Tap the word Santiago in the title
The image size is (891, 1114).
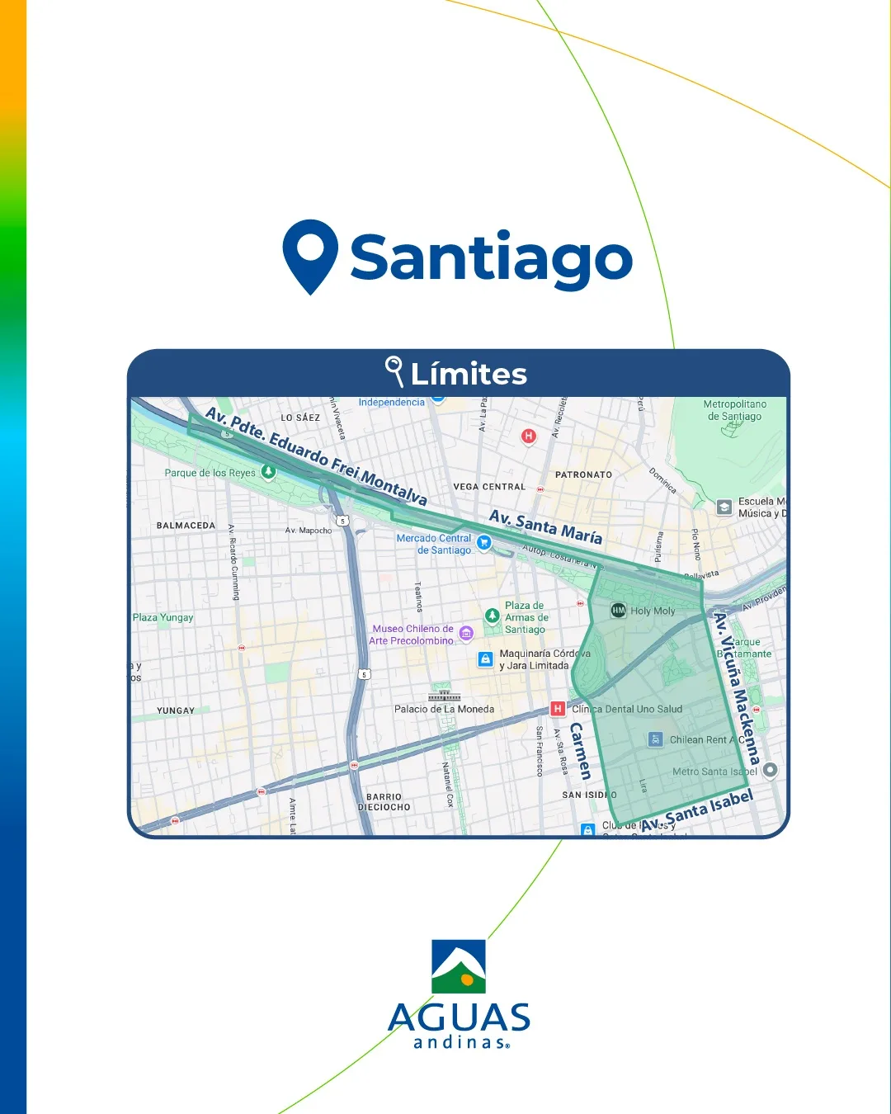tap(492, 257)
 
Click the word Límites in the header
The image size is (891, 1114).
tap(469, 375)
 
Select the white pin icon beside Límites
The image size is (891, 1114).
tap(394, 371)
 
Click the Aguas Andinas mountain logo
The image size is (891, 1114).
tap(459, 966)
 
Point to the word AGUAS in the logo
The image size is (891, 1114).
tap(459, 1018)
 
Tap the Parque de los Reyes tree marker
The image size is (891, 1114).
tap(268, 472)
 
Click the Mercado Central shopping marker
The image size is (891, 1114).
tap(484, 542)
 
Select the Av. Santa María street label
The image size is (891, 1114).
tap(545, 526)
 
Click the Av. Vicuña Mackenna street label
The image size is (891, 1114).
tap(736, 688)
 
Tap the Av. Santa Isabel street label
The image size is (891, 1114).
tap(697, 811)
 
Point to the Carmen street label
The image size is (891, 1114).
tap(580, 751)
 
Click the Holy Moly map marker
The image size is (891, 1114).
tap(619, 610)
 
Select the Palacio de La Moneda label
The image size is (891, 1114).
tap(444, 709)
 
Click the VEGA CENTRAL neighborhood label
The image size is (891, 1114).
tap(489, 487)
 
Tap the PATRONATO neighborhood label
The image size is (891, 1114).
tap(583, 474)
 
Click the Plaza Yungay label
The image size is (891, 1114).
tap(163, 617)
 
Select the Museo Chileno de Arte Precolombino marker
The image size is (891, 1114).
tap(466, 633)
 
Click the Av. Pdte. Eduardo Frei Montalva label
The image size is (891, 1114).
tap(316, 456)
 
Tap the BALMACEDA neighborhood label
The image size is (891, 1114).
tap(186, 526)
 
